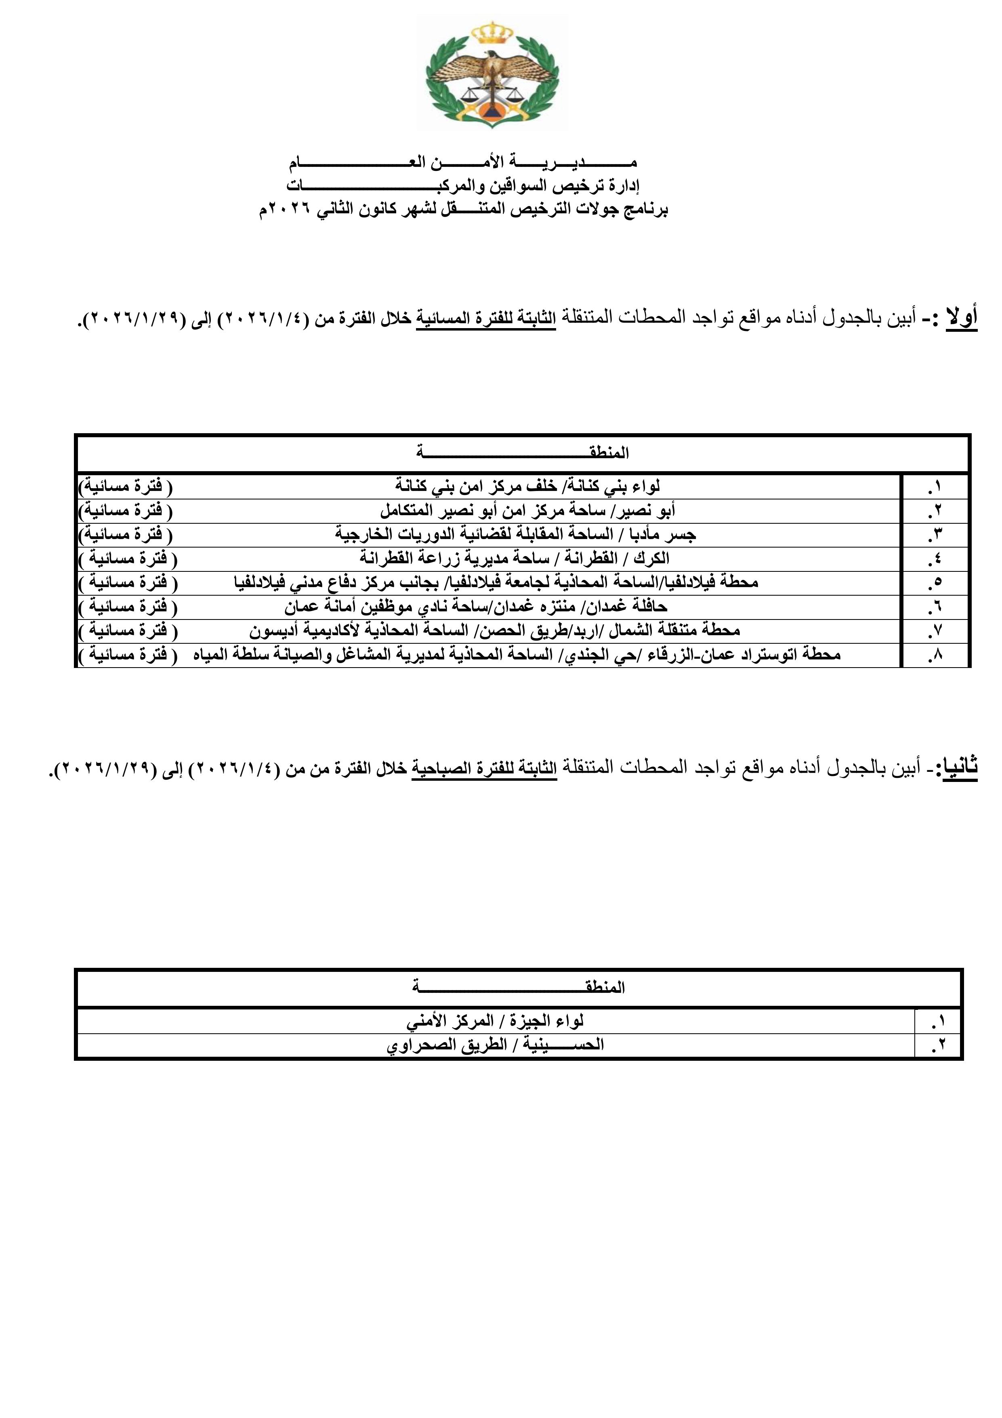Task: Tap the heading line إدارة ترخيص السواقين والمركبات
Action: tap(462, 185)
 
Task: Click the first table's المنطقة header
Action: tap(522, 453)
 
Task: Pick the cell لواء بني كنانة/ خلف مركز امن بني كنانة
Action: tap(528, 487)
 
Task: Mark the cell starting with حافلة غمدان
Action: tap(475, 607)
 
